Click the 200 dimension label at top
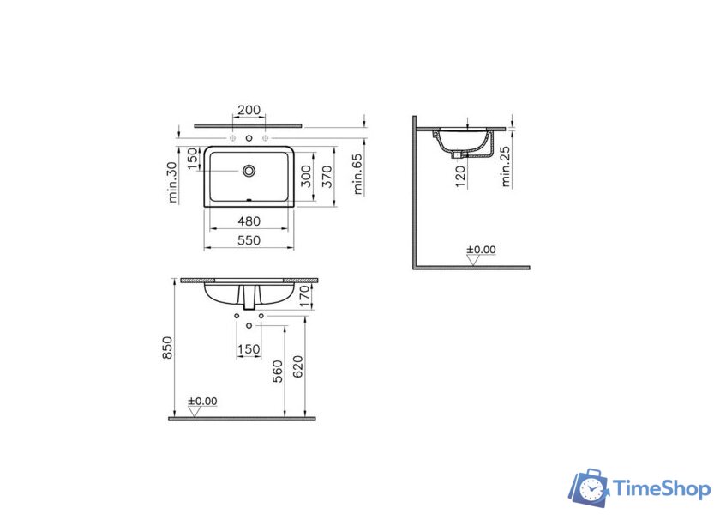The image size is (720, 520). click(x=249, y=110)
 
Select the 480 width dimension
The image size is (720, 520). click(x=249, y=221)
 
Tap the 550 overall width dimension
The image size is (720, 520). click(x=249, y=240)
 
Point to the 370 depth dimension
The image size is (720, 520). click(x=327, y=177)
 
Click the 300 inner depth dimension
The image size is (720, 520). click(x=306, y=177)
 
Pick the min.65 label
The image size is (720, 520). click(x=357, y=174)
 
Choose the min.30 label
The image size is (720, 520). click(x=172, y=182)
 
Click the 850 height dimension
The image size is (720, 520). click(x=168, y=348)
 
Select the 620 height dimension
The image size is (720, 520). click(x=298, y=366)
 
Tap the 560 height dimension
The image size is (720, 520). click(x=278, y=372)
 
